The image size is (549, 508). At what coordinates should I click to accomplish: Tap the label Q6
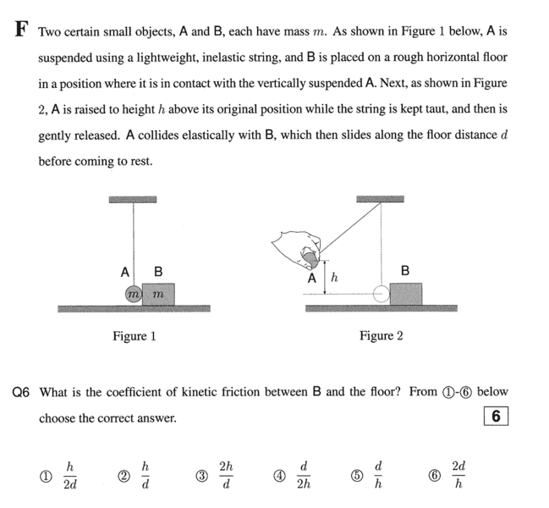click(21, 392)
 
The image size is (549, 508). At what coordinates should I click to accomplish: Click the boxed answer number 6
click(496, 417)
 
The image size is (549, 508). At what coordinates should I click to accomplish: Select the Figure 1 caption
click(135, 336)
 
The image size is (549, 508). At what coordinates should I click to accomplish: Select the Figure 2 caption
click(381, 336)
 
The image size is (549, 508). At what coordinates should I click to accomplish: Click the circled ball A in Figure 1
click(133, 295)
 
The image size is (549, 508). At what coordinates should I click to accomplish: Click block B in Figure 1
click(158, 294)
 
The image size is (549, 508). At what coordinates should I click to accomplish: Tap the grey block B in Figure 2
click(405, 293)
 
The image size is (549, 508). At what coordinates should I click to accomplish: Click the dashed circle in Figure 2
click(382, 294)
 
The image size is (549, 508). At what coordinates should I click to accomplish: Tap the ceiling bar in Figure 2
click(380, 200)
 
